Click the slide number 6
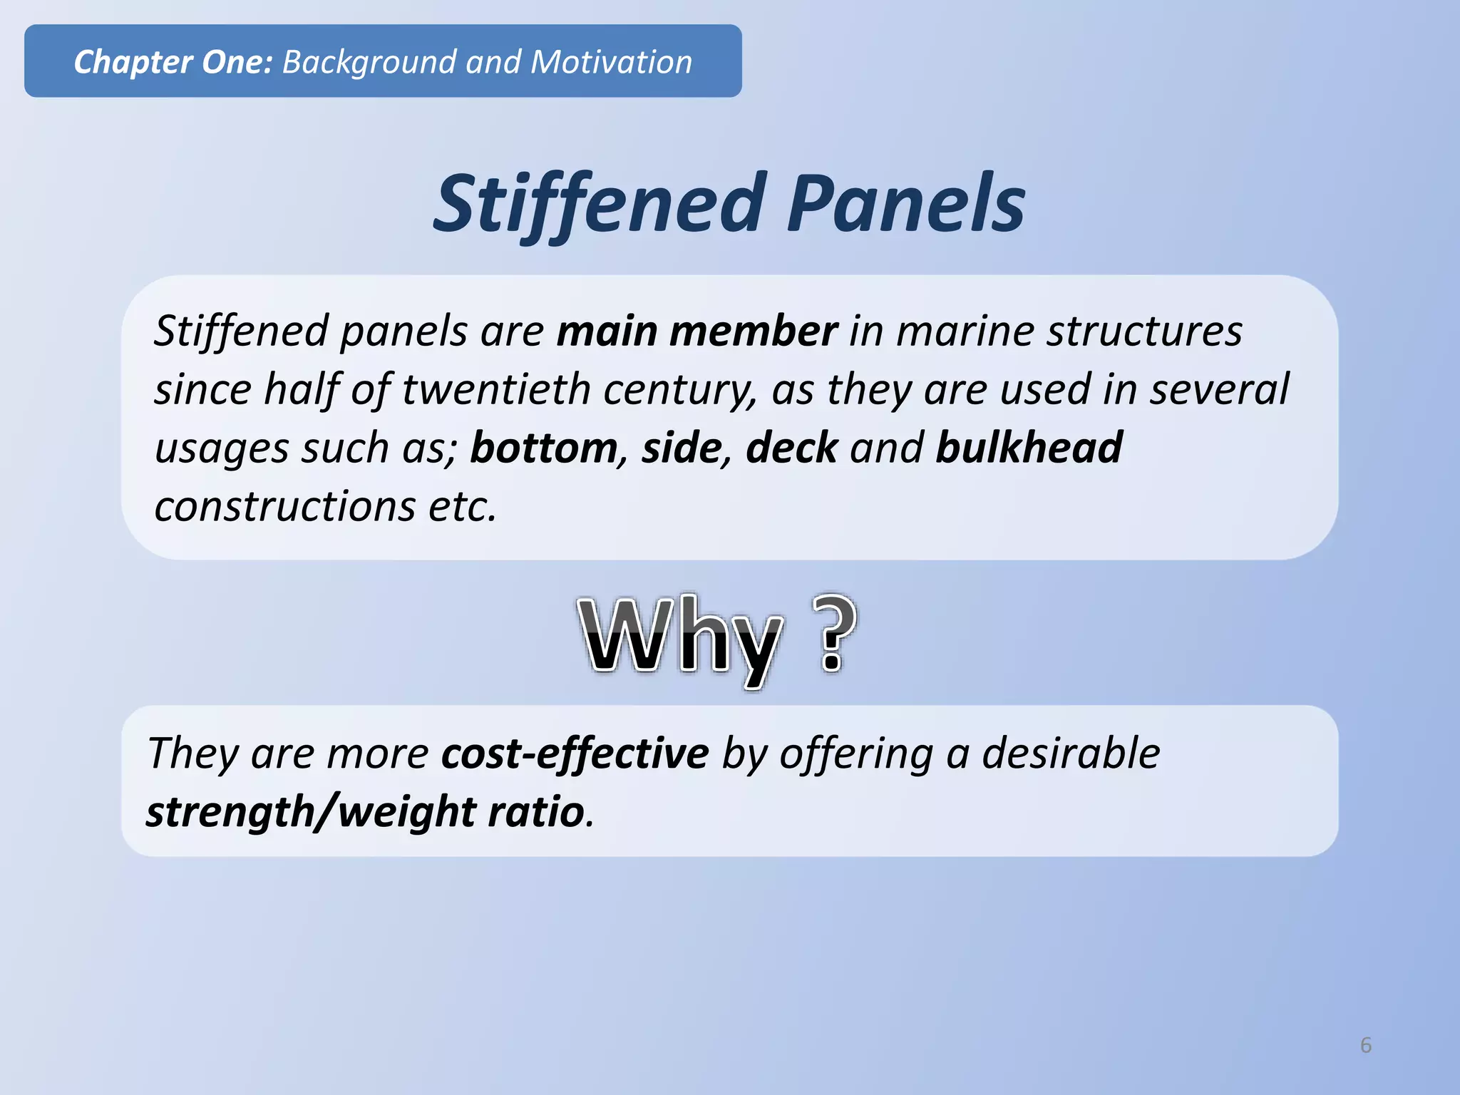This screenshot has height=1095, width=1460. coord(1365,1044)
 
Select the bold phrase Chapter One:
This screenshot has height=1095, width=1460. coord(173,62)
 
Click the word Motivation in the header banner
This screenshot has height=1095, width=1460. coord(611,62)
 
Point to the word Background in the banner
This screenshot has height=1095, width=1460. coord(368,62)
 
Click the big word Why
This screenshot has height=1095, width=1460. coord(681,636)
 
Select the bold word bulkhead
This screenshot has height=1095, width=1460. coord(1029,448)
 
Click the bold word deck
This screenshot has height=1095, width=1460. coord(791,448)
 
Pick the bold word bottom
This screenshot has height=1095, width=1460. coord(544,448)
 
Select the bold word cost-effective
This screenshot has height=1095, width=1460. coord(575,754)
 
